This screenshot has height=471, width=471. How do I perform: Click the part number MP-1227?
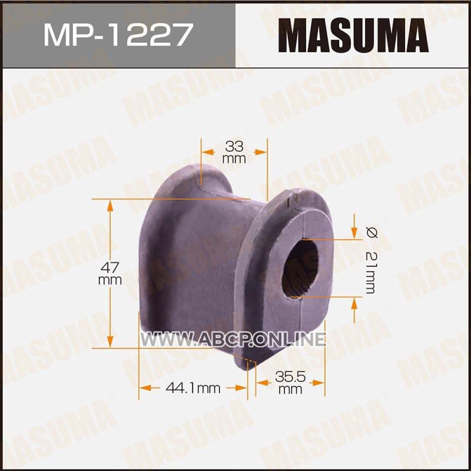(118, 35)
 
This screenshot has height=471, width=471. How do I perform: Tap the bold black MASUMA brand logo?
(353, 35)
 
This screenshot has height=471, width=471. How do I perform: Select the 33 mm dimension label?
(234, 152)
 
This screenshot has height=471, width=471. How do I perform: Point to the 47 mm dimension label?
(110, 273)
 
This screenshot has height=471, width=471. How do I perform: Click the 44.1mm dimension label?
(193, 389)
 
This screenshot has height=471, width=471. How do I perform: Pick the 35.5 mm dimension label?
(290, 382)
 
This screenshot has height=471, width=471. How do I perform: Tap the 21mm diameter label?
(371, 272)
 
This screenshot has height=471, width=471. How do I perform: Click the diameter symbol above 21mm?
(372, 233)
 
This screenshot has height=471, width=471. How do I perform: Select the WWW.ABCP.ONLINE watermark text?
(233, 340)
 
